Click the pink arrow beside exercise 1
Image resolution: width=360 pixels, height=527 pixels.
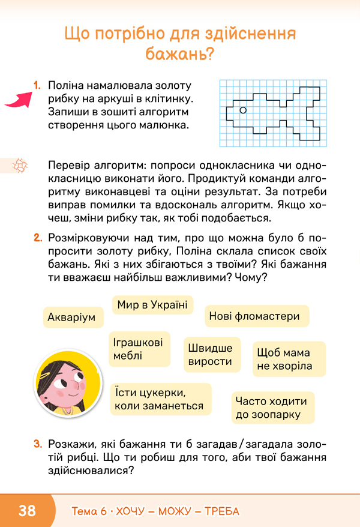(19, 98)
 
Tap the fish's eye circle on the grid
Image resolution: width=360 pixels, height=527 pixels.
(243, 110)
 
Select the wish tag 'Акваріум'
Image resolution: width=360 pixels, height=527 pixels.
(72, 317)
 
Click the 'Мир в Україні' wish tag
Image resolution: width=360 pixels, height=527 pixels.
(152, 305)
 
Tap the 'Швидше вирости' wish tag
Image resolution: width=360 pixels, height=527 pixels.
(210, 355)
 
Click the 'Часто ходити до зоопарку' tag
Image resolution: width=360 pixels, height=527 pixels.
(271, 408)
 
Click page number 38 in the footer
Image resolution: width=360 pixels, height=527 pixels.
(27, 511)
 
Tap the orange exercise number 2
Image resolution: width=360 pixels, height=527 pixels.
(38, 238)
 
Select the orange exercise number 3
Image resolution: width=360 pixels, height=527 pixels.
(38, 445)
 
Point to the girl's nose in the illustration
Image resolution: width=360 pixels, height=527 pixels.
(73, 384)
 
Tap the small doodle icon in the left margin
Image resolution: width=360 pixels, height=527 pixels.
(20, 164)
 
